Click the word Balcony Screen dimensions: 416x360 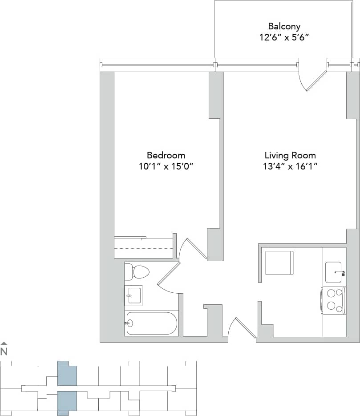click(284, 26)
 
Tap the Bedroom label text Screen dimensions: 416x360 click(166, 155)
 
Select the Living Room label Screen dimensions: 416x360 click(290, 155)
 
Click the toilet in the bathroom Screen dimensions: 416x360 click(137, 271)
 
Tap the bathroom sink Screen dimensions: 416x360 click(133, 295)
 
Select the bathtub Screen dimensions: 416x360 click(152, 323)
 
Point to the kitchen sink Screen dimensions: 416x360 click(335, 272)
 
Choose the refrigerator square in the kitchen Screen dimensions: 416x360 click(279, 263)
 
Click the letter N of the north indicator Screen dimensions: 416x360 click(4, 351)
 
